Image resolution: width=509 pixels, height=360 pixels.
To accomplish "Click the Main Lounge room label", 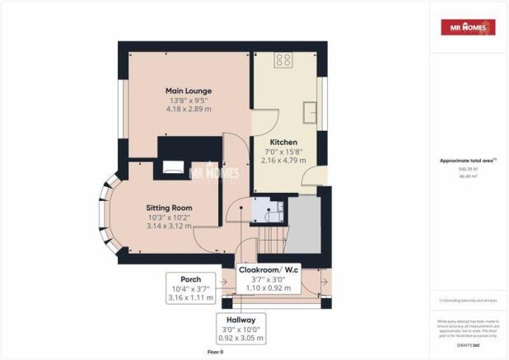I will coord(189,91).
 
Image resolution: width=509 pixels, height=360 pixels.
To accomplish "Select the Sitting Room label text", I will coord(169,207).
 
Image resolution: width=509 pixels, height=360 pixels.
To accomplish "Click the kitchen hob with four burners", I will coord(283,59).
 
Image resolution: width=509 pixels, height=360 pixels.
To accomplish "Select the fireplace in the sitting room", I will coord(175,169).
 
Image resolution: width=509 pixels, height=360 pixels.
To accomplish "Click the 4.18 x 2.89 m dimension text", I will coord(189,109).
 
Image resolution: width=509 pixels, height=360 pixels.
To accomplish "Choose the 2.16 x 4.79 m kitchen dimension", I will coord(283,160).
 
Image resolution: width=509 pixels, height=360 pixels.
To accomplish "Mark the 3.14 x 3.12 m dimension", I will coord(169,225).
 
